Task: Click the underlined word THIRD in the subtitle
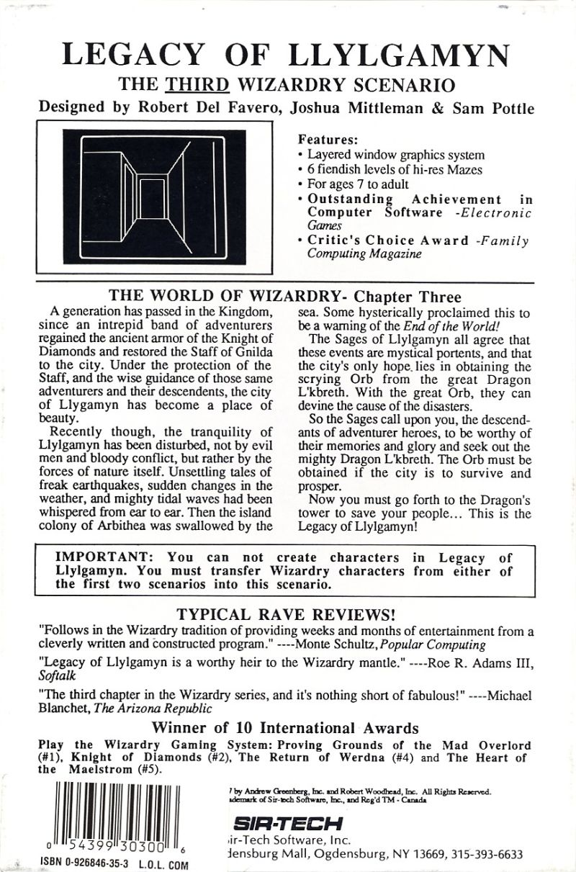point(197,85)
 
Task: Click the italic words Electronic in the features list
point(498,213)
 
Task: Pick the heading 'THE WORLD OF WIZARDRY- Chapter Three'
point(284,297)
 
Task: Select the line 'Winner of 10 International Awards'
point(288,728)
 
